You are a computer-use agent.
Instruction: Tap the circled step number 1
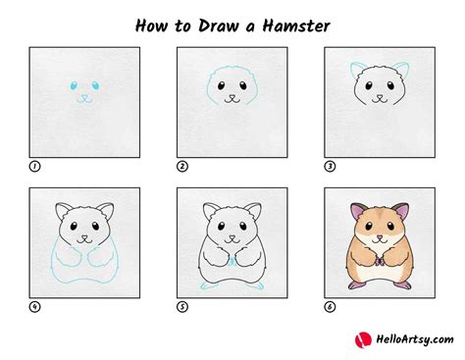(34, 166)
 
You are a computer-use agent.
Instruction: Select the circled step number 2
(181, 166)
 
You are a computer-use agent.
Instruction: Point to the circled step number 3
(329, 166)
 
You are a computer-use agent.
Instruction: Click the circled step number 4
(34, 306)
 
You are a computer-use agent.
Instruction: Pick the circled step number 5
(181, 306)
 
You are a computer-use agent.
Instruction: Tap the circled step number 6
(329, 306)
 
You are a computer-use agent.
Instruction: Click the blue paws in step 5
(231, 263)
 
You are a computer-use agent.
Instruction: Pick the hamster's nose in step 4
(84, 236)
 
